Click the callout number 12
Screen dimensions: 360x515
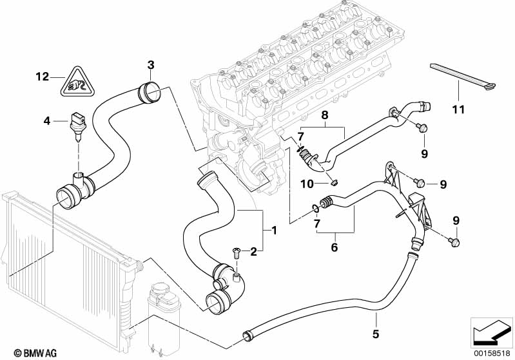[42, 77]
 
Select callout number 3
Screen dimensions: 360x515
[150, 64]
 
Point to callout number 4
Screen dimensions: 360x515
[46, 120]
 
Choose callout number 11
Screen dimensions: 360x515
[458, 109]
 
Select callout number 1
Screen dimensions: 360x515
[274, 230]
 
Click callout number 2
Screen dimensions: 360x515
[253, 251]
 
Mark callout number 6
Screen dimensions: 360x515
[334, 247]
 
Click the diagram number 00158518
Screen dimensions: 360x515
[491, 353]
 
